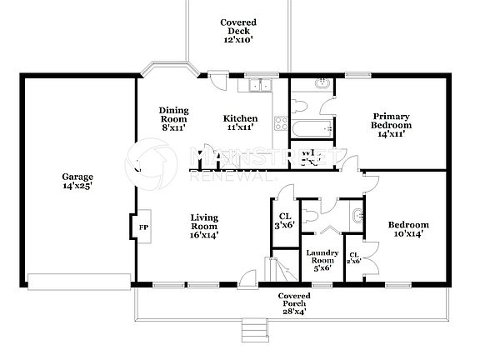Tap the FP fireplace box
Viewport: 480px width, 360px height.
coord(142,227)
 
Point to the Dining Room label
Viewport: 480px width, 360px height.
coord(173,119)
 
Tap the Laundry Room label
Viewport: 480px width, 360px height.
coord(322,260)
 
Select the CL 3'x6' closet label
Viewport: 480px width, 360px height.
coord(284,220)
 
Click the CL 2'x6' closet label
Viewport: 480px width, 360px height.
coord(354,257)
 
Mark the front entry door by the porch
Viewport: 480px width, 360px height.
coord(247,280)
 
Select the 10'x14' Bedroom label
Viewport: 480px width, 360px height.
coord(408,230)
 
